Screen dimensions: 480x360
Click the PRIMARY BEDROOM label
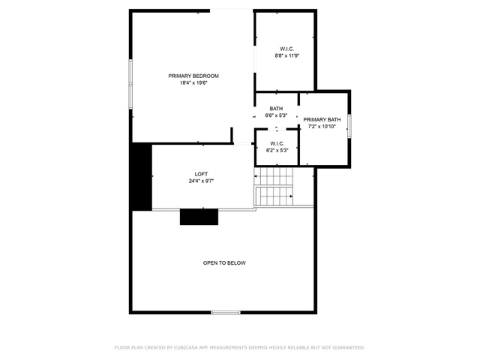pyautogui.click(x=193, y=76)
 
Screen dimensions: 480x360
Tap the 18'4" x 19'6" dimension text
pyautogui.click(x=193, y=82)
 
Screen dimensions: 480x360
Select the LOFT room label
pyautogui.click(x=201, y=174)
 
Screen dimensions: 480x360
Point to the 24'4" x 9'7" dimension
pyautogui.click(x=201, y=181)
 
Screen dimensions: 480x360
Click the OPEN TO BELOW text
pyautogui.click(x=224, y=263)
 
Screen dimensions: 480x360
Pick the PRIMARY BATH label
pyautogui.click(x=322, y=120)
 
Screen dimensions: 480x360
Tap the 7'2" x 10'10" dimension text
pyautogui.click(x=322, y=127)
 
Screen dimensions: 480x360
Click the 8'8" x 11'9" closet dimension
pyautogui.click(x=286, y=55)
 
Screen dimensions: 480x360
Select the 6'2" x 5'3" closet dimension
pyautogui.click(x=277, y=150)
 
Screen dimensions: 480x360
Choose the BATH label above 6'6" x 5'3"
pyautogui.click(x=276, y=109)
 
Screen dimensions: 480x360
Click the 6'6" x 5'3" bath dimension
pyautogui.click(x=276, y=115)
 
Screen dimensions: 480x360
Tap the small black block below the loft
pyautogui.click(x=199, y=217)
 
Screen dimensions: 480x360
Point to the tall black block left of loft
pyautogui.click(x=142, y=177)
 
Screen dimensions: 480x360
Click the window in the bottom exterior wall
pyautogui.click(x=226, y=313)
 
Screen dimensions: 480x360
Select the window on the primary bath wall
pyautogui.click(x=349, y=126)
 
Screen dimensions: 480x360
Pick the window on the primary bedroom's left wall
pyautogui.click(x=130, y=84)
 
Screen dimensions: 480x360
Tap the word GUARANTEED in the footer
pyautogui.click(x=349, y=348)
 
